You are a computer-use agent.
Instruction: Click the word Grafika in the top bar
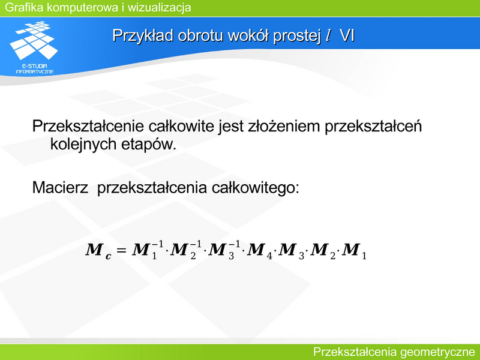[x=24, y=7]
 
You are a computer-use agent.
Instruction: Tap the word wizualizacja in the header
[x=159, y=7]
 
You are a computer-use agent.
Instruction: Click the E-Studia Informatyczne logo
[x=34, y=47]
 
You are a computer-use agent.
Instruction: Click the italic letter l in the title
[x=328, y=35]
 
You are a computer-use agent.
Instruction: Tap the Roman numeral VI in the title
[x=347, y=36]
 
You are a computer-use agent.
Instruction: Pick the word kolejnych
[x=83, y=144]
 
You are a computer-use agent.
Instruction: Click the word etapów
[x=149, y=144]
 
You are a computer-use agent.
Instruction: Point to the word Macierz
[x=61, y=187]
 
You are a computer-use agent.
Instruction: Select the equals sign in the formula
[x=122, y=250]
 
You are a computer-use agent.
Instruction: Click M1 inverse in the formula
[x=148, y=250]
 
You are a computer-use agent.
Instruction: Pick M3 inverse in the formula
[x=224, y=250]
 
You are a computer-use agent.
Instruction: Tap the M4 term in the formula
[x=259, y=251]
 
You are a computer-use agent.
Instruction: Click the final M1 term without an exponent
[x=354, y=251]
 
